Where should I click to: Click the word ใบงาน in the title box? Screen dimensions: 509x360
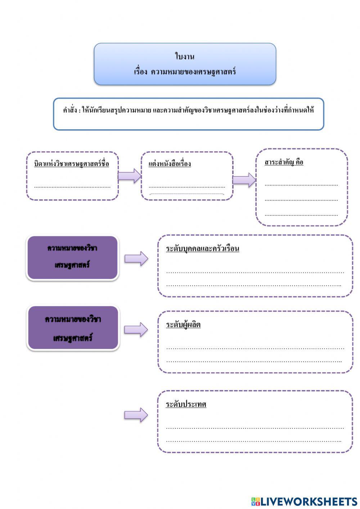[185, 57]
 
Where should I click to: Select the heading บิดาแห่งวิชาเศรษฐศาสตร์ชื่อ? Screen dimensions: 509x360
[72, 164]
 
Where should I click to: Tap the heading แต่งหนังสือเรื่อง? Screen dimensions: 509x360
[170, 164]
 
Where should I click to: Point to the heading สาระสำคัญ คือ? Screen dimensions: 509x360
[284, 162]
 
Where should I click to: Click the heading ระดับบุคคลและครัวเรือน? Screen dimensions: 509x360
[202, 249]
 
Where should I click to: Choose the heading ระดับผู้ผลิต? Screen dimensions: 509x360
[183, 325]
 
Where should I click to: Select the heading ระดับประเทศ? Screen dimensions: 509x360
[186, 404]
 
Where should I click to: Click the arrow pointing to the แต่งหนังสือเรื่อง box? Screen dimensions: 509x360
[130, 176]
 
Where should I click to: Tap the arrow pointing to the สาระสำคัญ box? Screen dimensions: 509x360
[244, 180]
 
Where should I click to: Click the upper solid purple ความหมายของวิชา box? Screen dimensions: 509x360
[72, 257]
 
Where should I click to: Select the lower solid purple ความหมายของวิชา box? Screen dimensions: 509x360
[73, 328]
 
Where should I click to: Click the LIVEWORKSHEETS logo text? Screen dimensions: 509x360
[304, 501]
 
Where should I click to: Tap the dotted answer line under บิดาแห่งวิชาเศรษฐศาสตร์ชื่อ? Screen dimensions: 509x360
[72, 187]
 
